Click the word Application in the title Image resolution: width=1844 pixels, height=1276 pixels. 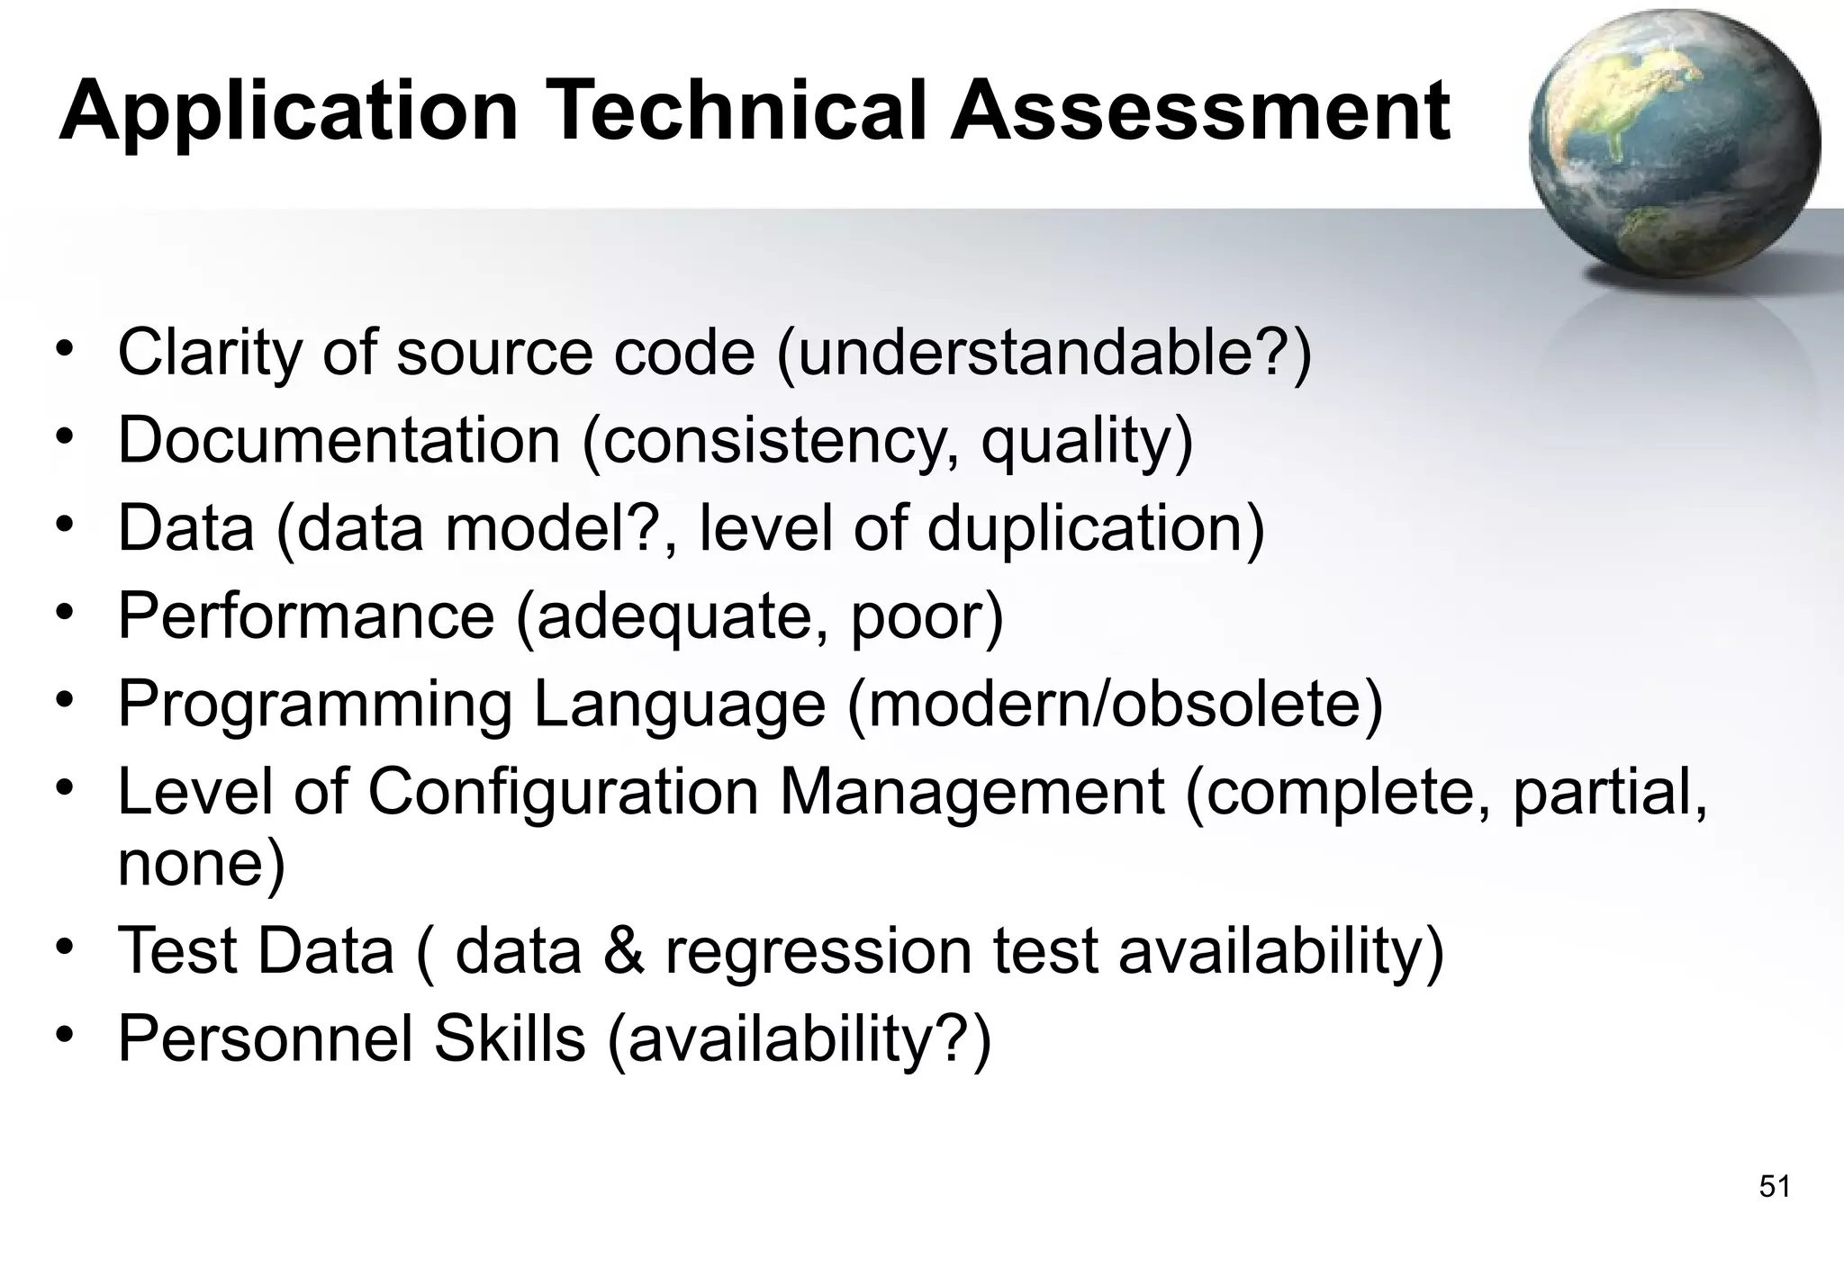pyautogui.click(x=288, y=112)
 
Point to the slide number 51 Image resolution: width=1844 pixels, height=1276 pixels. pyautogui.click(x=1774, y=1187)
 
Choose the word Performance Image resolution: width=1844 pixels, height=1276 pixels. pyautogui.click(x=306, y=616)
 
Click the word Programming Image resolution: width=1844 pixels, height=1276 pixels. pyautogui.click(x=314, y=705)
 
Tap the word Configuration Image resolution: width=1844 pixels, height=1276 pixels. pyautogui.click(x=563, y=793)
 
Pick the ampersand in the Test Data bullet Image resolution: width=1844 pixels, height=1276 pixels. pyautogui.click(x=623, y=950)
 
